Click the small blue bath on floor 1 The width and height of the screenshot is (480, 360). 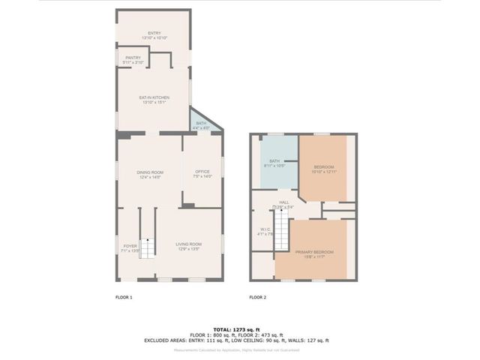(x=202, y=125)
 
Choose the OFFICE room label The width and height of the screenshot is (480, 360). (x=203, y=174)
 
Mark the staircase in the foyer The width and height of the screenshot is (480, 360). (x=148, y=247)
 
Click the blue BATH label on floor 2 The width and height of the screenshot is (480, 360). (x=274, y=163)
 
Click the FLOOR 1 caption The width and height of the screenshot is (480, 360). (x=124, y=297)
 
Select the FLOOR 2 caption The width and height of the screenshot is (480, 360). (x=258, y=297)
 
